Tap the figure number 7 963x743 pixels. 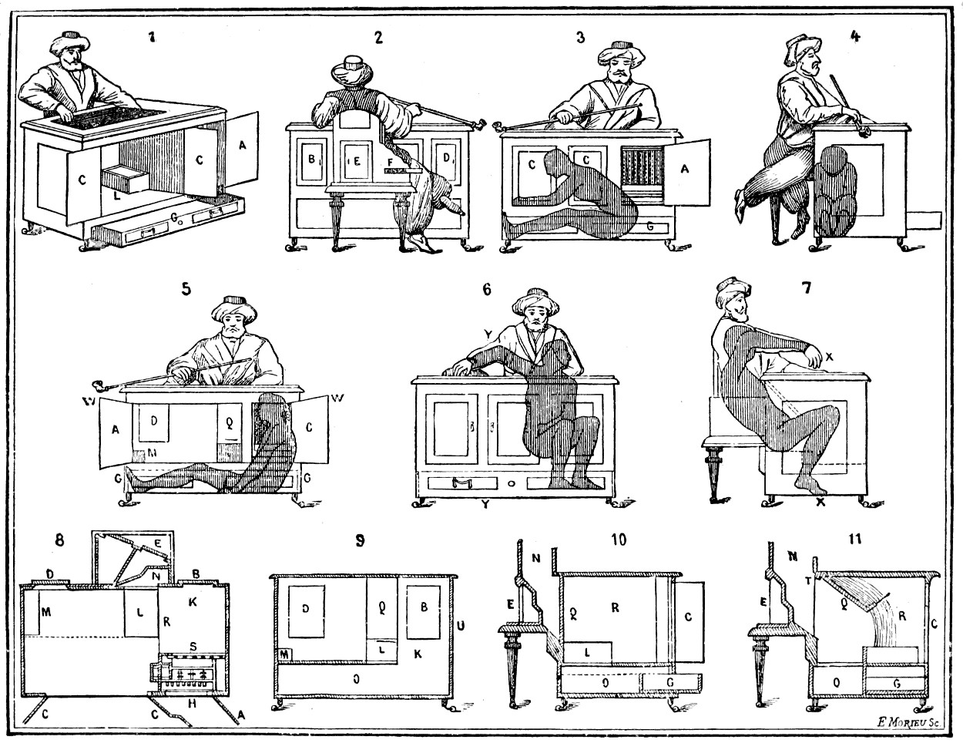click(806, 287)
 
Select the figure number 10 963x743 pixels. click(618, 539)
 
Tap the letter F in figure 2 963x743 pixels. click(391, 160)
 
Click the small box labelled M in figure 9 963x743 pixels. click(285, 654)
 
